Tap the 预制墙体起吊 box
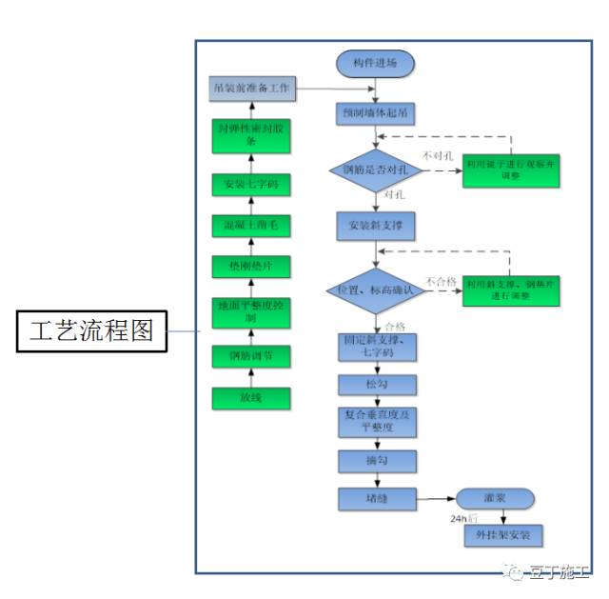tap(376, 112)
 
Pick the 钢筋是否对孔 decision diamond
tap(375, 170)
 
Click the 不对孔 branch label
tap(437, 154)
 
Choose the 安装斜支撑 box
tap(376, 228)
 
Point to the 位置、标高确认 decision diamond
tap(374, 289)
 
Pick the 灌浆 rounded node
tap(495, 498)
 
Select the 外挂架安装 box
tap(502, 535)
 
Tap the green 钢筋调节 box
tap(250, 356)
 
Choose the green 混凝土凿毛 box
tap(250, 226)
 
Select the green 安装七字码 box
tap(250, 184)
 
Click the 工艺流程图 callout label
tap(90, 332)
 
